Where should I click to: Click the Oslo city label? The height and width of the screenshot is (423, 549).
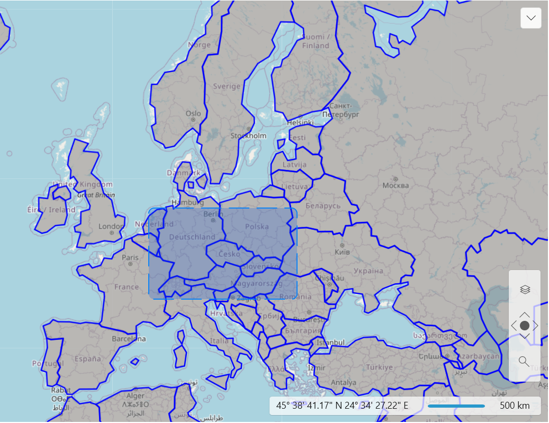coord(193,113)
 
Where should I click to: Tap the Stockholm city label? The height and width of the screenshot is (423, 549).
coord(248,136)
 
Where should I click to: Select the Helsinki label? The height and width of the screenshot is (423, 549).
coord(300,122)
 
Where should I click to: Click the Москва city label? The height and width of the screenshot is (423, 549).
coord(395,185)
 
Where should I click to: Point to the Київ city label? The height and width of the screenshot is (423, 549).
coord(343,252)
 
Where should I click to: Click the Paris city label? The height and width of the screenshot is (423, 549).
coord(130,258)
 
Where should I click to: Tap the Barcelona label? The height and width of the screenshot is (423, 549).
coord(129,338)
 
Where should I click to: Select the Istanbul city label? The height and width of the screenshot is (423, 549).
coord(330,343)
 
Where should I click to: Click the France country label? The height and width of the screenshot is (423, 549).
coord(127,287)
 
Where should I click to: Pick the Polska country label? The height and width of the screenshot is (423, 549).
coord(257,227)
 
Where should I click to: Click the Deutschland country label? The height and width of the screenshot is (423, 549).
coord(192,237)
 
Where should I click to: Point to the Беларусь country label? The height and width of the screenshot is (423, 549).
coord(323,205)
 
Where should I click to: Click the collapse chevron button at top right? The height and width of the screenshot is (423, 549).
coord(531,18)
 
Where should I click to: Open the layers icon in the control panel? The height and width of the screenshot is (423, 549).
coord(525,290)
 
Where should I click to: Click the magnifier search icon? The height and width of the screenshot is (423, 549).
coord(524,361)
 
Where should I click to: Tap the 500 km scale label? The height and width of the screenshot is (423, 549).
coord(514,406)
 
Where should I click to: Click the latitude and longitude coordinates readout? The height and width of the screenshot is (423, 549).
coord(342,406)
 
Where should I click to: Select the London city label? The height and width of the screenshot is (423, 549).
coord(111,227)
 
